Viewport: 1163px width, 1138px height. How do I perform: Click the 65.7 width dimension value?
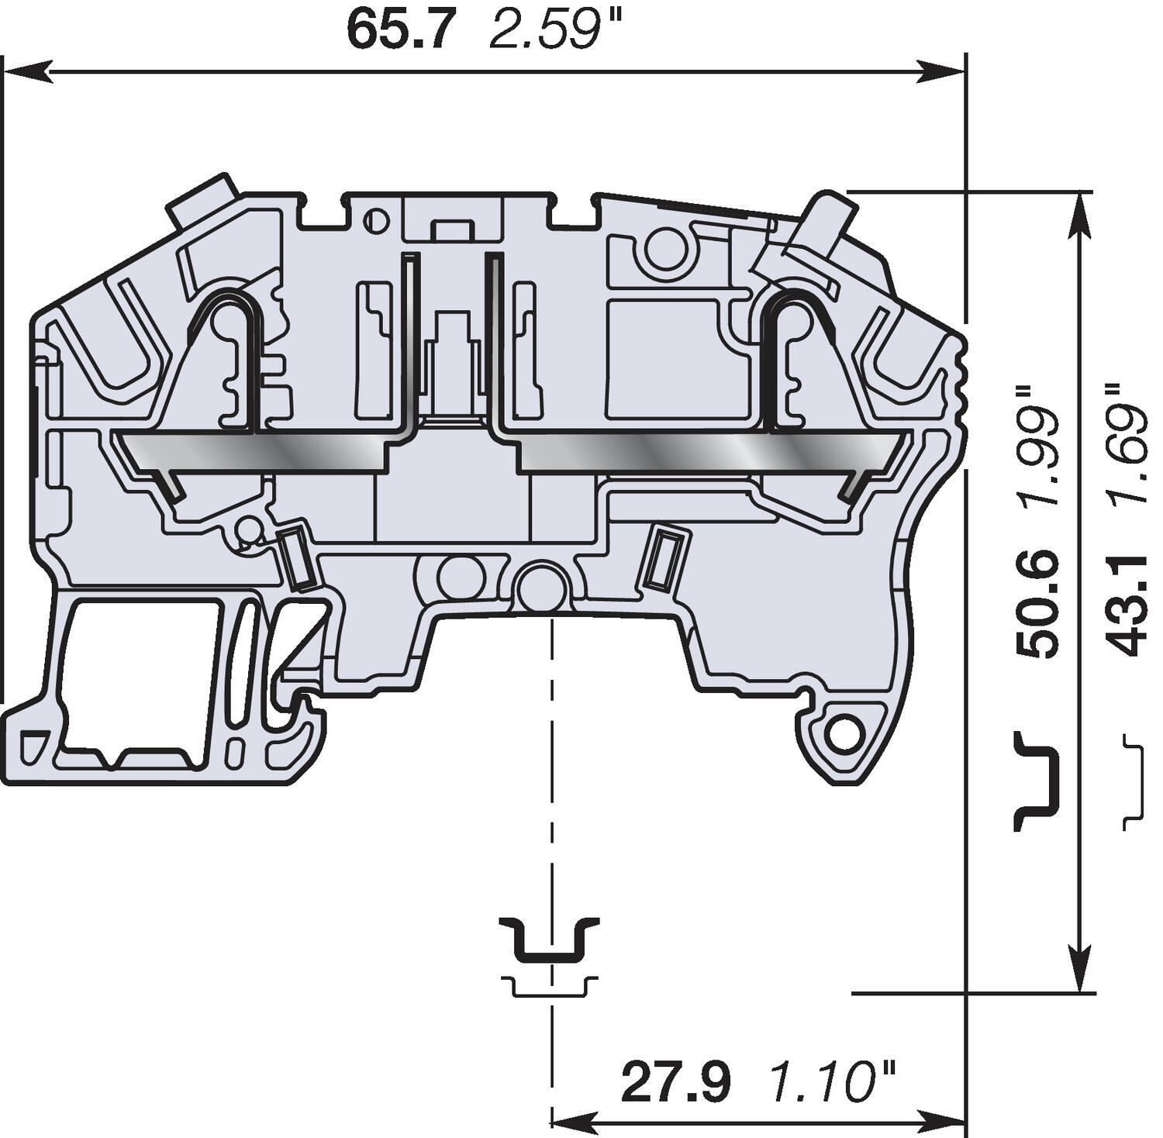click(397, 30)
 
